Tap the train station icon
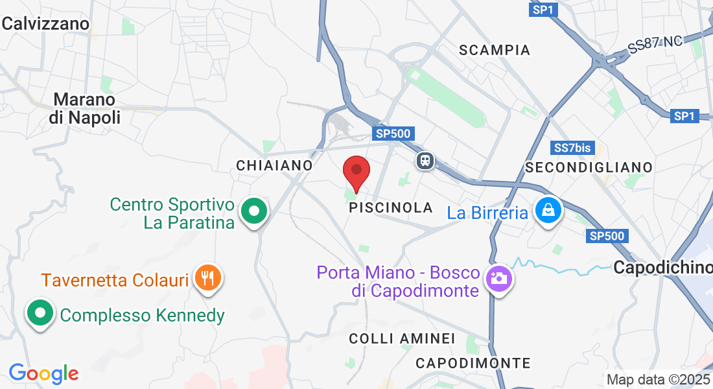pyautogui.click(x=425, y=159)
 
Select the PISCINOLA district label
pyautogui.click(x=391, y=207)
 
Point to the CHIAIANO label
pyautogui.click(x=275, y=165)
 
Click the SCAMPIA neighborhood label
pyautogui.click(x=495, y=50)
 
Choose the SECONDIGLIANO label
pyautogui.click(x=589, y=167)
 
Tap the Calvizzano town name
pyautogui.click(x=45, y=24)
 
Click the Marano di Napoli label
pyautogui.click(x=84, y=109)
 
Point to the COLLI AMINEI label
pyautogui.click(x=402, y=338)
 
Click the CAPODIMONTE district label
pyautogui.click(x=473, y=363)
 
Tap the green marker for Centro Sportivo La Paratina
pyautogui.click(x=254, y=211)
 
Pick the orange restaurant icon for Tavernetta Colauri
pyautogui.click(x=208, y=277)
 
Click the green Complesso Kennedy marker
pyautogui.click(x=40, y=313)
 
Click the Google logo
pyautogui.click(x=43, y=373)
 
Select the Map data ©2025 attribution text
pyautogui.click(x=658, y=379)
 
